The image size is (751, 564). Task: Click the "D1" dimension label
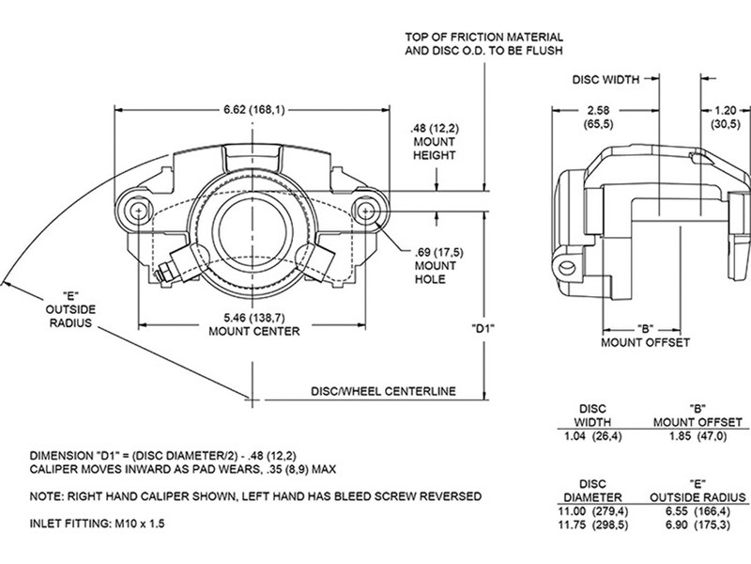[x=483, y=330]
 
